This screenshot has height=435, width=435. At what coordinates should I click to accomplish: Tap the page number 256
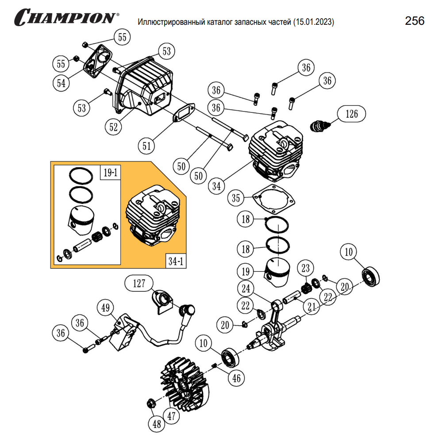click(414, 21)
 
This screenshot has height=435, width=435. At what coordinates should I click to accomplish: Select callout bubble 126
click(352, 114)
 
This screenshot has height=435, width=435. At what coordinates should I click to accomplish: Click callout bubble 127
click(139, 283)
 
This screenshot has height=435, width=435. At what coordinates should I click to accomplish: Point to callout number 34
click(216, 186)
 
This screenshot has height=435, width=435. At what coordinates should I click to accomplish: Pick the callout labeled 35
click(236, 198)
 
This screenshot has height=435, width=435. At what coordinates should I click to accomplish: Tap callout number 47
click(170, 416)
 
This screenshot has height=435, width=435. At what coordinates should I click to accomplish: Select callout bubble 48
click(157, 424)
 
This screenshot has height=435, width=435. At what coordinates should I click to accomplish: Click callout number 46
click(237, 378)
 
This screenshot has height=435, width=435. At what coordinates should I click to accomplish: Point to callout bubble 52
click(114, 127)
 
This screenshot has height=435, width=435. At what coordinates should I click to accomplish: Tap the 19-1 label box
click(109, 173)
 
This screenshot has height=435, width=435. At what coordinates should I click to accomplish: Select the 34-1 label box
click(175, 261)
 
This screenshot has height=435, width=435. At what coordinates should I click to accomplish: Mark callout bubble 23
click(306, 267)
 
